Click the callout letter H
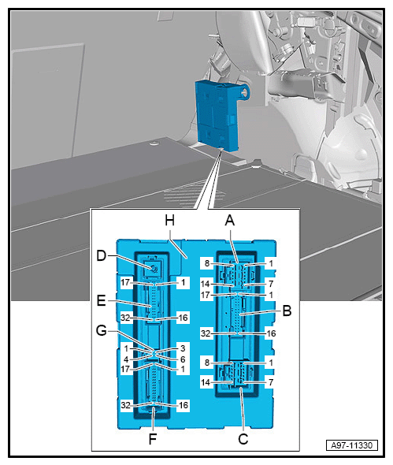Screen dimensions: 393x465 click(x=169, y=221)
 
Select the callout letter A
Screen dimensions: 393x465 click(x=230, y=221)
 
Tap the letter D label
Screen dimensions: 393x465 click(x=102, y=255)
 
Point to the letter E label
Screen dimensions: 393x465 click(x=102, y=301)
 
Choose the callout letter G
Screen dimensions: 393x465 click(x=102, y=330)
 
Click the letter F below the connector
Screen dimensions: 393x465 click(x=152, y=439)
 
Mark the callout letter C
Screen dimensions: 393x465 click(x=243, y=439)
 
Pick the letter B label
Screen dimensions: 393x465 click(x=287, y=311)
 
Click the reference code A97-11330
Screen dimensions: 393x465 click(x=351, y=445)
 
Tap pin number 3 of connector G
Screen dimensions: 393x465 click(x=183, y=348)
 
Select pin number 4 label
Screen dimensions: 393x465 click(x=126, y=359)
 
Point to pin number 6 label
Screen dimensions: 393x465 click(x=183, y=359)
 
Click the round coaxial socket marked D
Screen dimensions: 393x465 click(x=154, y=270)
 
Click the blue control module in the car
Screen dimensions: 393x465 click(x=217, y=115)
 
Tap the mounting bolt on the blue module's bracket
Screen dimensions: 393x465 click(x=244, y=92)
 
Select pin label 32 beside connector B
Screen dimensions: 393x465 click(x=206, y=333)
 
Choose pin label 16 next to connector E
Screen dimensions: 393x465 click(x=184, y=318)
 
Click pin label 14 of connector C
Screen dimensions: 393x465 click(x=206, y=382)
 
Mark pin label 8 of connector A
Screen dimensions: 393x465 click(x=207, y=263)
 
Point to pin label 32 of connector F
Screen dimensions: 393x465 click(x=125, y=405)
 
